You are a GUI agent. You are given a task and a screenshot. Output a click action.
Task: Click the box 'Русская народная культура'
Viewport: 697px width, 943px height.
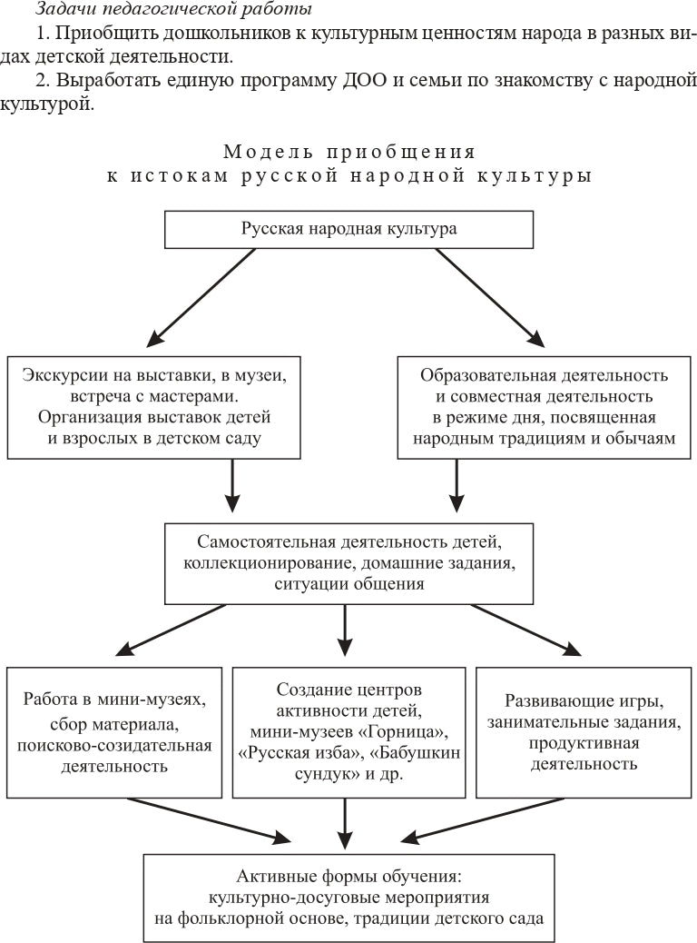click(348, 229)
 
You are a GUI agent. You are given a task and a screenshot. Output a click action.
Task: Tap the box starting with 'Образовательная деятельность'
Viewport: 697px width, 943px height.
click(545, 407)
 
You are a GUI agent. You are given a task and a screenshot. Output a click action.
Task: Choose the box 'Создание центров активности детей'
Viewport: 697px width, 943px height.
click(349, 732)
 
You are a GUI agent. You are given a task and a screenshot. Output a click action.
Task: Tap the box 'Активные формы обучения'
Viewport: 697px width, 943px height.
click(348, 898)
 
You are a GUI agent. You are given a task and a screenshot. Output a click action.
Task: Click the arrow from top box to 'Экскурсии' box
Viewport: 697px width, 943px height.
click(201, 298)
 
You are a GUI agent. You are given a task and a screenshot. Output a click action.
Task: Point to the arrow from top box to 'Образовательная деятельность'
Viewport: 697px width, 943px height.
click(490, 298)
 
